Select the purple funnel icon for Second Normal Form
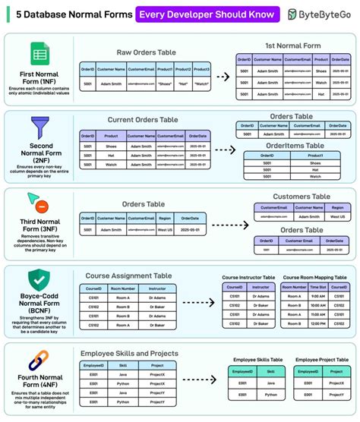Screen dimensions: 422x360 click(39, 125)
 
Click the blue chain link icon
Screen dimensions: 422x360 click(39, 361)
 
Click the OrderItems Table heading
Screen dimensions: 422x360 click(293, 145)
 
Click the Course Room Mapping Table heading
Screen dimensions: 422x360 click(314, 278)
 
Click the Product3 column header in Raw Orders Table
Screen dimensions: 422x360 click(202, 69)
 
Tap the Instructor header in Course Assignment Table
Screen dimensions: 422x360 click(156, 288)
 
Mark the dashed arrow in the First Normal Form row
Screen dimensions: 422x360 click(223, 77)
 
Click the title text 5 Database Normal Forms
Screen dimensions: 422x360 click(67, 14)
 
